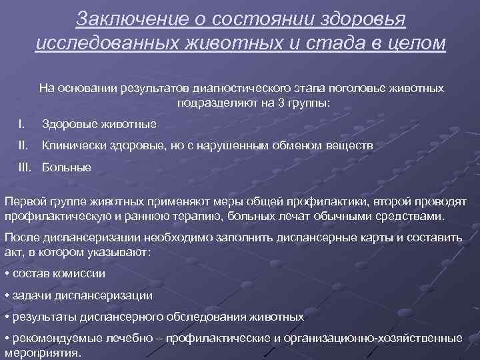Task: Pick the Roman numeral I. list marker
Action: [x=22, y=123]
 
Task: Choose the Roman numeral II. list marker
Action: [x=23, y=145]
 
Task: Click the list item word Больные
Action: [x=67, y=167]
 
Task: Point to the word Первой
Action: [x=25, y=202]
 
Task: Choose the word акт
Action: [x=13, y=253]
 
